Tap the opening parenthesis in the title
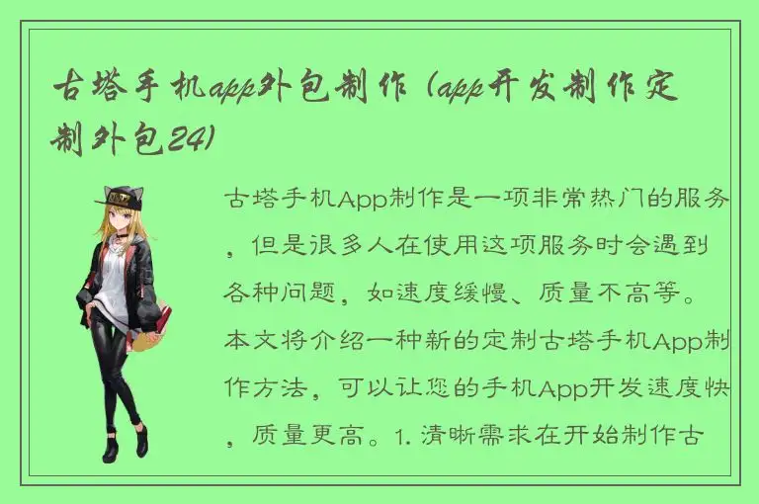(x=425, y=91)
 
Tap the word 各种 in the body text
(x=247, y=294)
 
